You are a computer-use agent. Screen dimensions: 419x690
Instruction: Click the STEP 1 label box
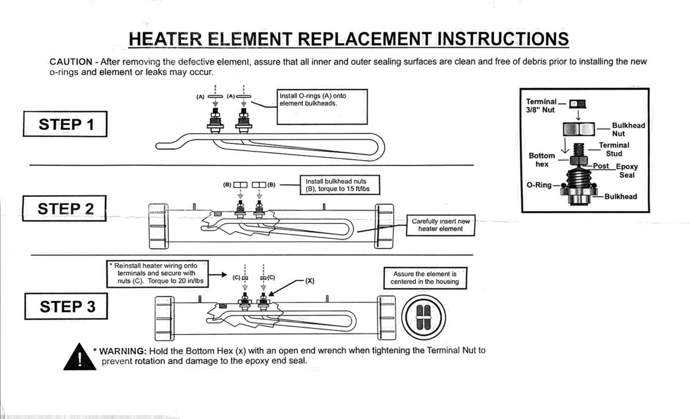[65, 124]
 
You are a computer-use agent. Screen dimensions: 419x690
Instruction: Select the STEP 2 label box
[64, 208]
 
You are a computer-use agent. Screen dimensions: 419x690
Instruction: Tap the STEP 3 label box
[66, 306]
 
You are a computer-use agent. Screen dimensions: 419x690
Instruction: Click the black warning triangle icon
[79, 358]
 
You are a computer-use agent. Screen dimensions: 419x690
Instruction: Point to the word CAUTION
[71, 62]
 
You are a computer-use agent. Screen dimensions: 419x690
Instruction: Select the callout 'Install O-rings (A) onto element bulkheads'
[322, 107]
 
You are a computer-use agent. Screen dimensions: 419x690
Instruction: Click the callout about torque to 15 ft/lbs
[340, 185]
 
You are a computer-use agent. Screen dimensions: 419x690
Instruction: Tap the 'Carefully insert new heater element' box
[440, 225]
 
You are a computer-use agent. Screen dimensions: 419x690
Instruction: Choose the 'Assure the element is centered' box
[425, 278]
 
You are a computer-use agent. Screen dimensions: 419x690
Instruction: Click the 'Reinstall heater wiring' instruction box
[157, 274]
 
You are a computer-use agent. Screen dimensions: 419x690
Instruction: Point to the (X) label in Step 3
[310, 281]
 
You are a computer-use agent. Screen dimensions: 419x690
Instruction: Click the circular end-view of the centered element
[423, 317]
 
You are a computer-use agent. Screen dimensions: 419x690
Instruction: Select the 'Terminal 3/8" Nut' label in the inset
[541, 106]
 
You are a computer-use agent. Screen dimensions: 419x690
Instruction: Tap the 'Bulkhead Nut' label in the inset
[628, 129]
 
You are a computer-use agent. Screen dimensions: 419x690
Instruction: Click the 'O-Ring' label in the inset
[539, 185]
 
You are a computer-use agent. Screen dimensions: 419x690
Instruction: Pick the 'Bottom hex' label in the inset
[541, 160]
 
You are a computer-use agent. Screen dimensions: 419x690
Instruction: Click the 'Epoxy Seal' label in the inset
[627, 170]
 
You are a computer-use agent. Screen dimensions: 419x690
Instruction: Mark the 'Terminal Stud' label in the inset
[614, 149]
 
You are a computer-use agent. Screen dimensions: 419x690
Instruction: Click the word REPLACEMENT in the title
[365, 39]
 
